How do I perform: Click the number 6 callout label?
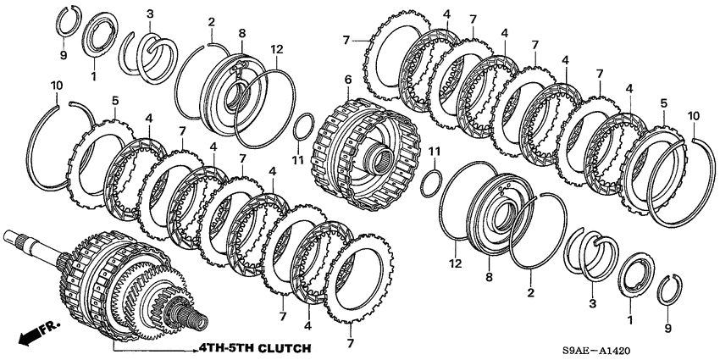pyautogui.click(x=347, y=80)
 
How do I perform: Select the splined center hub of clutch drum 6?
pyautogui.click(x=378, y=159)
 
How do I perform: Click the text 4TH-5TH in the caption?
pyautogui.click(x=225, y=348)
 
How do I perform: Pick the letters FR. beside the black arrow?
pyautogui.click(x=50, y=327)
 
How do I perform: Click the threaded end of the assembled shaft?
pyautogui.click(x=199, y=318)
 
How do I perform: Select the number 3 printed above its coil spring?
pyautogui.click(x=150, y=14)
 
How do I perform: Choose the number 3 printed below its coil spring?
pyautogui.click(x=592, y=303)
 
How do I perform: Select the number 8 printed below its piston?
pyautogui.click(x=489, y=277)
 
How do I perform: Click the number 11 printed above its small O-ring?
pyautogui.click(x=435, y=151)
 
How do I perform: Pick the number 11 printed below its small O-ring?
pyautogui.click(x=298, y=160)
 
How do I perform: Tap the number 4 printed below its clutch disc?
pyautogui.click(x=307, y=326)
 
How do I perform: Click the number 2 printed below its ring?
pyautogui.click(x=531, y=292)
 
